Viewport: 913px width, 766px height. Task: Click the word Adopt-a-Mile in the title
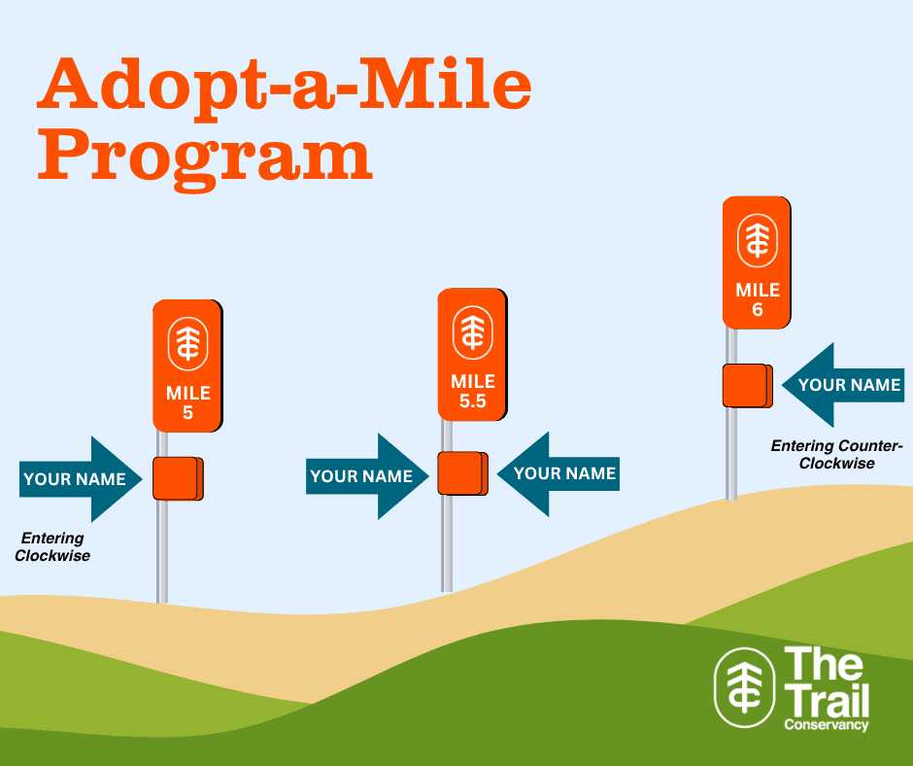coord(285,86)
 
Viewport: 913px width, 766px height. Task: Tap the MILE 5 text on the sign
coord(188,402)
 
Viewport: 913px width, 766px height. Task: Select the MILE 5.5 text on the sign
coord(473,391)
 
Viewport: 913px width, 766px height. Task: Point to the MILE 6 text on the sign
coord(758,299)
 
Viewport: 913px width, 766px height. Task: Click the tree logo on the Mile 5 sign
coord(188,344)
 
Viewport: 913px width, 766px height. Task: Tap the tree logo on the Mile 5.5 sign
coord(473,332)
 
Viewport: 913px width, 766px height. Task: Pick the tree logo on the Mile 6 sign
coord(758,240)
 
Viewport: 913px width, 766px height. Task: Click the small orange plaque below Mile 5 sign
coord(178,478)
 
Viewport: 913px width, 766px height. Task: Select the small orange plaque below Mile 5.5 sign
coord(463,473)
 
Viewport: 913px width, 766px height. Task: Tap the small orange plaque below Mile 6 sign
coord(748,385)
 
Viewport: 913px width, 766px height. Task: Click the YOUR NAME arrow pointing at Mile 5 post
coord(81,479)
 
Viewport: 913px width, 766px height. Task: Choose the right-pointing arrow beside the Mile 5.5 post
coord(367,476)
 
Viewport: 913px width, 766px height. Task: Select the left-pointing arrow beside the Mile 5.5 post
coord(558,474)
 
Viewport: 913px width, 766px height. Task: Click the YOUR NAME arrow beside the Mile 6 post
coord(843,385)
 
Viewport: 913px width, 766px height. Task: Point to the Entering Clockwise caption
coord(52,547)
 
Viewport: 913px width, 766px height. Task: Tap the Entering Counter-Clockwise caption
coord(836,454)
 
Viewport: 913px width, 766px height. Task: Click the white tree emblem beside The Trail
coord(745,688)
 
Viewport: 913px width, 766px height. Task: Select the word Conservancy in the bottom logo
coord(827,724)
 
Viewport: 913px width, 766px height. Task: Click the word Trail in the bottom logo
coord(827,700)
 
